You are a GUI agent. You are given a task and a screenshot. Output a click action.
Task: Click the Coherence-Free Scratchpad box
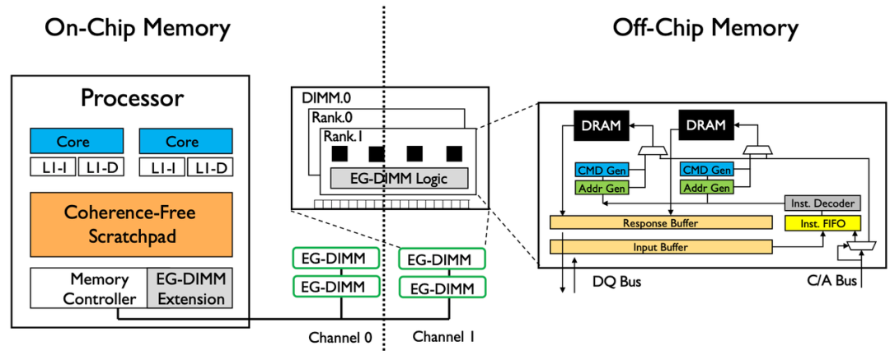131,224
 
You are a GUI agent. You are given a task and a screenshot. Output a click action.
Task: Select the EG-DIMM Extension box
190,288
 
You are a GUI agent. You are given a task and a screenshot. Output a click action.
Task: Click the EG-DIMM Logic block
399,177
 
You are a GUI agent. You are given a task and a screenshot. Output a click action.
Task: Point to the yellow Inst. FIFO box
822,223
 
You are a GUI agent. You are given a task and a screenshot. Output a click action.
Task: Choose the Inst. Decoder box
822,203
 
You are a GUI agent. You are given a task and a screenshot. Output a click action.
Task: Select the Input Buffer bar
659,246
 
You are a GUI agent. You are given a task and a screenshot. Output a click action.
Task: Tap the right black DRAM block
705,125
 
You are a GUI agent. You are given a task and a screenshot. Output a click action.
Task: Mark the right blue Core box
182,141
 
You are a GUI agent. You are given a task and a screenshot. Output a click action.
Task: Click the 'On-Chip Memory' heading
138,28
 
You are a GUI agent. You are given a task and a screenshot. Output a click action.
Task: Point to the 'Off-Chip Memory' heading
705,28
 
